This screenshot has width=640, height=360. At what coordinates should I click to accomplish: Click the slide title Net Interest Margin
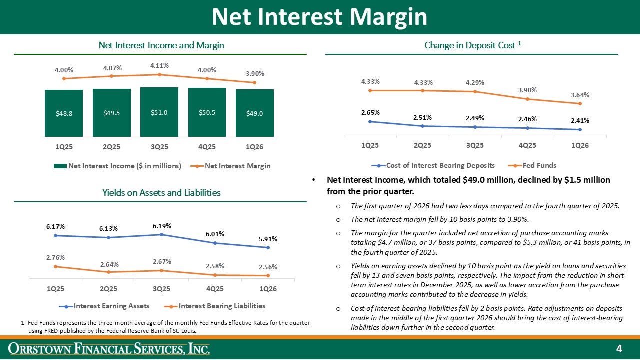point(319,17)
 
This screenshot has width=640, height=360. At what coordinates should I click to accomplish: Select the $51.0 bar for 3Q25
point(159,112)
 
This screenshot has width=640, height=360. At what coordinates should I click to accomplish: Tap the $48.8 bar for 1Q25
point(64,113)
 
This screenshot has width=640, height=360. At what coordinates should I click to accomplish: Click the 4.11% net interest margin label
point(159,65)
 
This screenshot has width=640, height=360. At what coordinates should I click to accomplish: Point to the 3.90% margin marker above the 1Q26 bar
point(255,82)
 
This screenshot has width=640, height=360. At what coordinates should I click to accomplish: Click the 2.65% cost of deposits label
point(370,112)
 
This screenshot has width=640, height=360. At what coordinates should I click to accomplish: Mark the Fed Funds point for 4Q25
point(527,99)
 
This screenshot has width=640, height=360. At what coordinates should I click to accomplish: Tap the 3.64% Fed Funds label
point(580,95)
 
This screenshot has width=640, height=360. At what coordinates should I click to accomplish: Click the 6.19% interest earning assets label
point(162,226)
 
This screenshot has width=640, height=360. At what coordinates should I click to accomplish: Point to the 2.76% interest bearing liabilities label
point(55,257)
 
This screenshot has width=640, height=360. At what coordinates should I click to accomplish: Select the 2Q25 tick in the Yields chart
point(108,289)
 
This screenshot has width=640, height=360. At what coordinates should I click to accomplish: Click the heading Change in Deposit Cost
point(472,45)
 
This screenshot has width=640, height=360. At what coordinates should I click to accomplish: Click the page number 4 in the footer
point(618,348)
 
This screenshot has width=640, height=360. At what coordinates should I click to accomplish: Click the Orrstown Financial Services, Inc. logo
point(111,348)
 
